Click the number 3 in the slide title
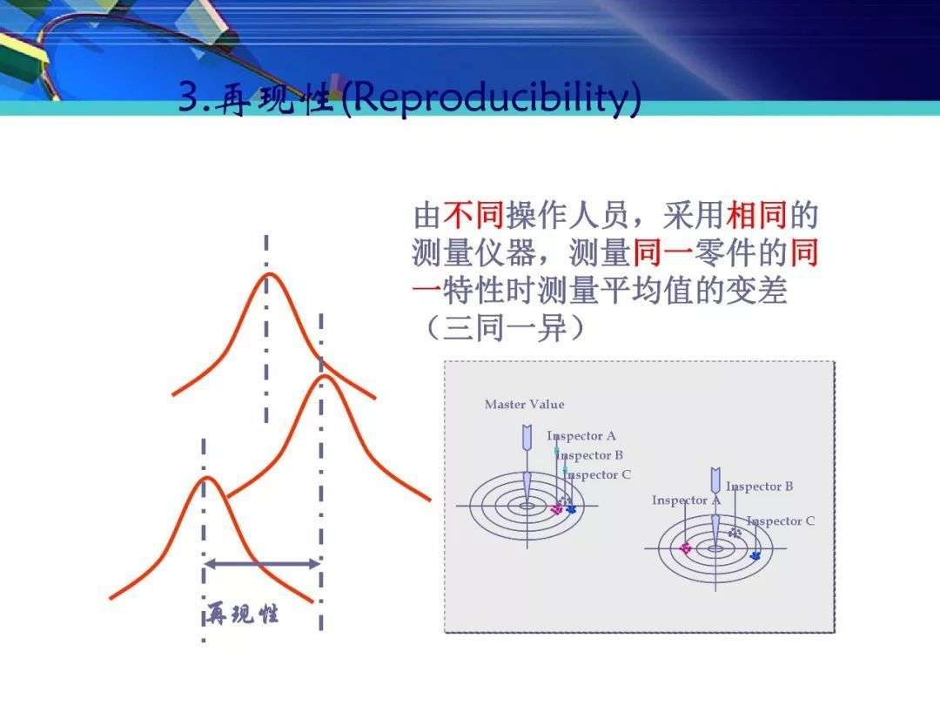click(x=187, y=97)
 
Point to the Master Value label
click(x=524, y=404)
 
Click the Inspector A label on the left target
click(x=581, y=436)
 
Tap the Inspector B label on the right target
click(x=759, y=487)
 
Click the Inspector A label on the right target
click(x=686, y=500)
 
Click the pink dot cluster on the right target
click(x=685, y=547)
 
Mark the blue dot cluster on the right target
click(x=754, y=554)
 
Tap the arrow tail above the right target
click(x=715, y=480)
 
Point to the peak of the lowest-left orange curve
click(x=205, y=478)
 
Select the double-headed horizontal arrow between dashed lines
click(x=262, y=564)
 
